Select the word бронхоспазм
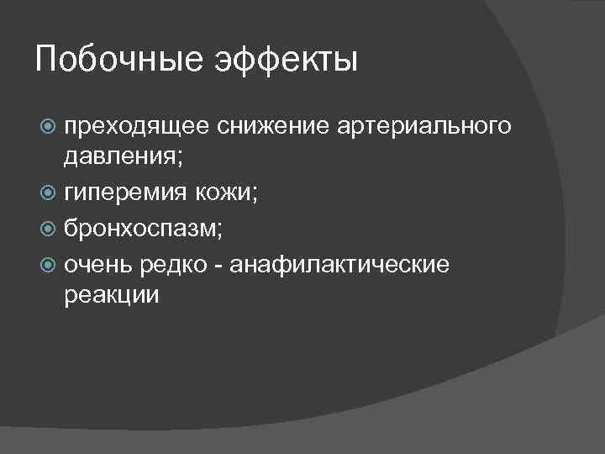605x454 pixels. [139, 230]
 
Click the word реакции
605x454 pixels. [110, 295]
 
